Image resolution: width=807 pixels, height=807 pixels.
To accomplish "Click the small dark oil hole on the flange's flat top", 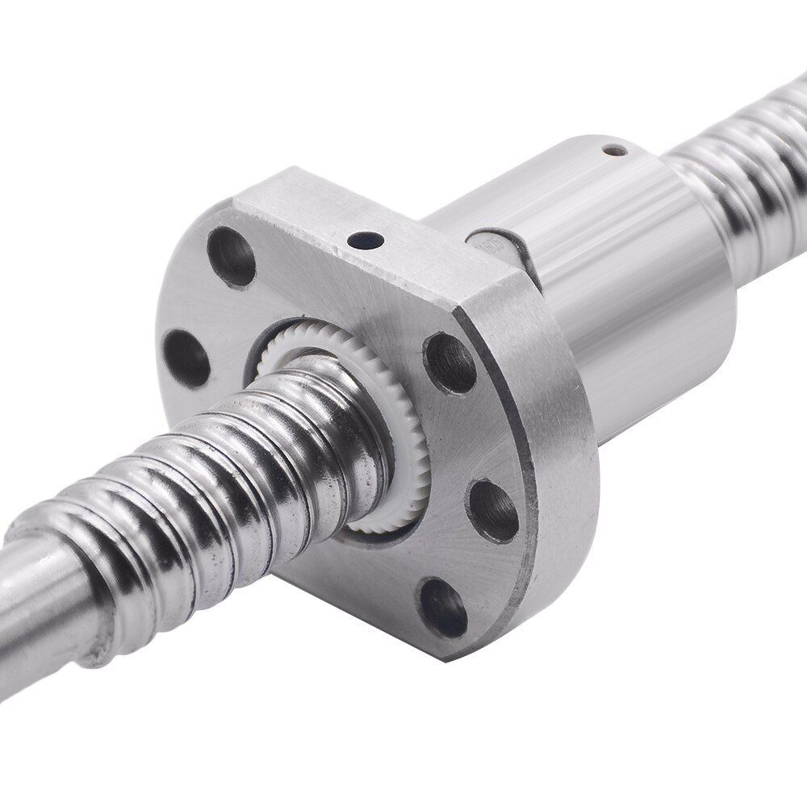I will coord(360,240).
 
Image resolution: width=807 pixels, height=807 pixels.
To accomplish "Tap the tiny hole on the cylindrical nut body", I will coord(618,148).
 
